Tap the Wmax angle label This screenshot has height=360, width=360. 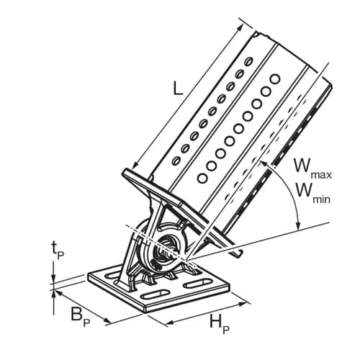pyautogui.click(x=313, y=169)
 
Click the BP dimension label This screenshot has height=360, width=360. pyautogui.click(x=80, y=316)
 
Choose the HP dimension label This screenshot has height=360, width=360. pyautogui.click(x=219, y=324)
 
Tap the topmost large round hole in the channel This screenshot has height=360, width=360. pyautogui.click(x=275, y=79)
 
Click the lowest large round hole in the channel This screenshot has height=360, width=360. pyautogui.click(x=202, y=179)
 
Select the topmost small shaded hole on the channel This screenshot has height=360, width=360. pyautogui.click(x=248, y=60)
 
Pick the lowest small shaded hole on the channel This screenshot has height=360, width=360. pyautogui.click(x=176, y=160)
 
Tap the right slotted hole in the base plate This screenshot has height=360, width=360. pyautogui.click(x=198, y=283)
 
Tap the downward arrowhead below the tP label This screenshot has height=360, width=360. pyautogui.click(x=53, y=279)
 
